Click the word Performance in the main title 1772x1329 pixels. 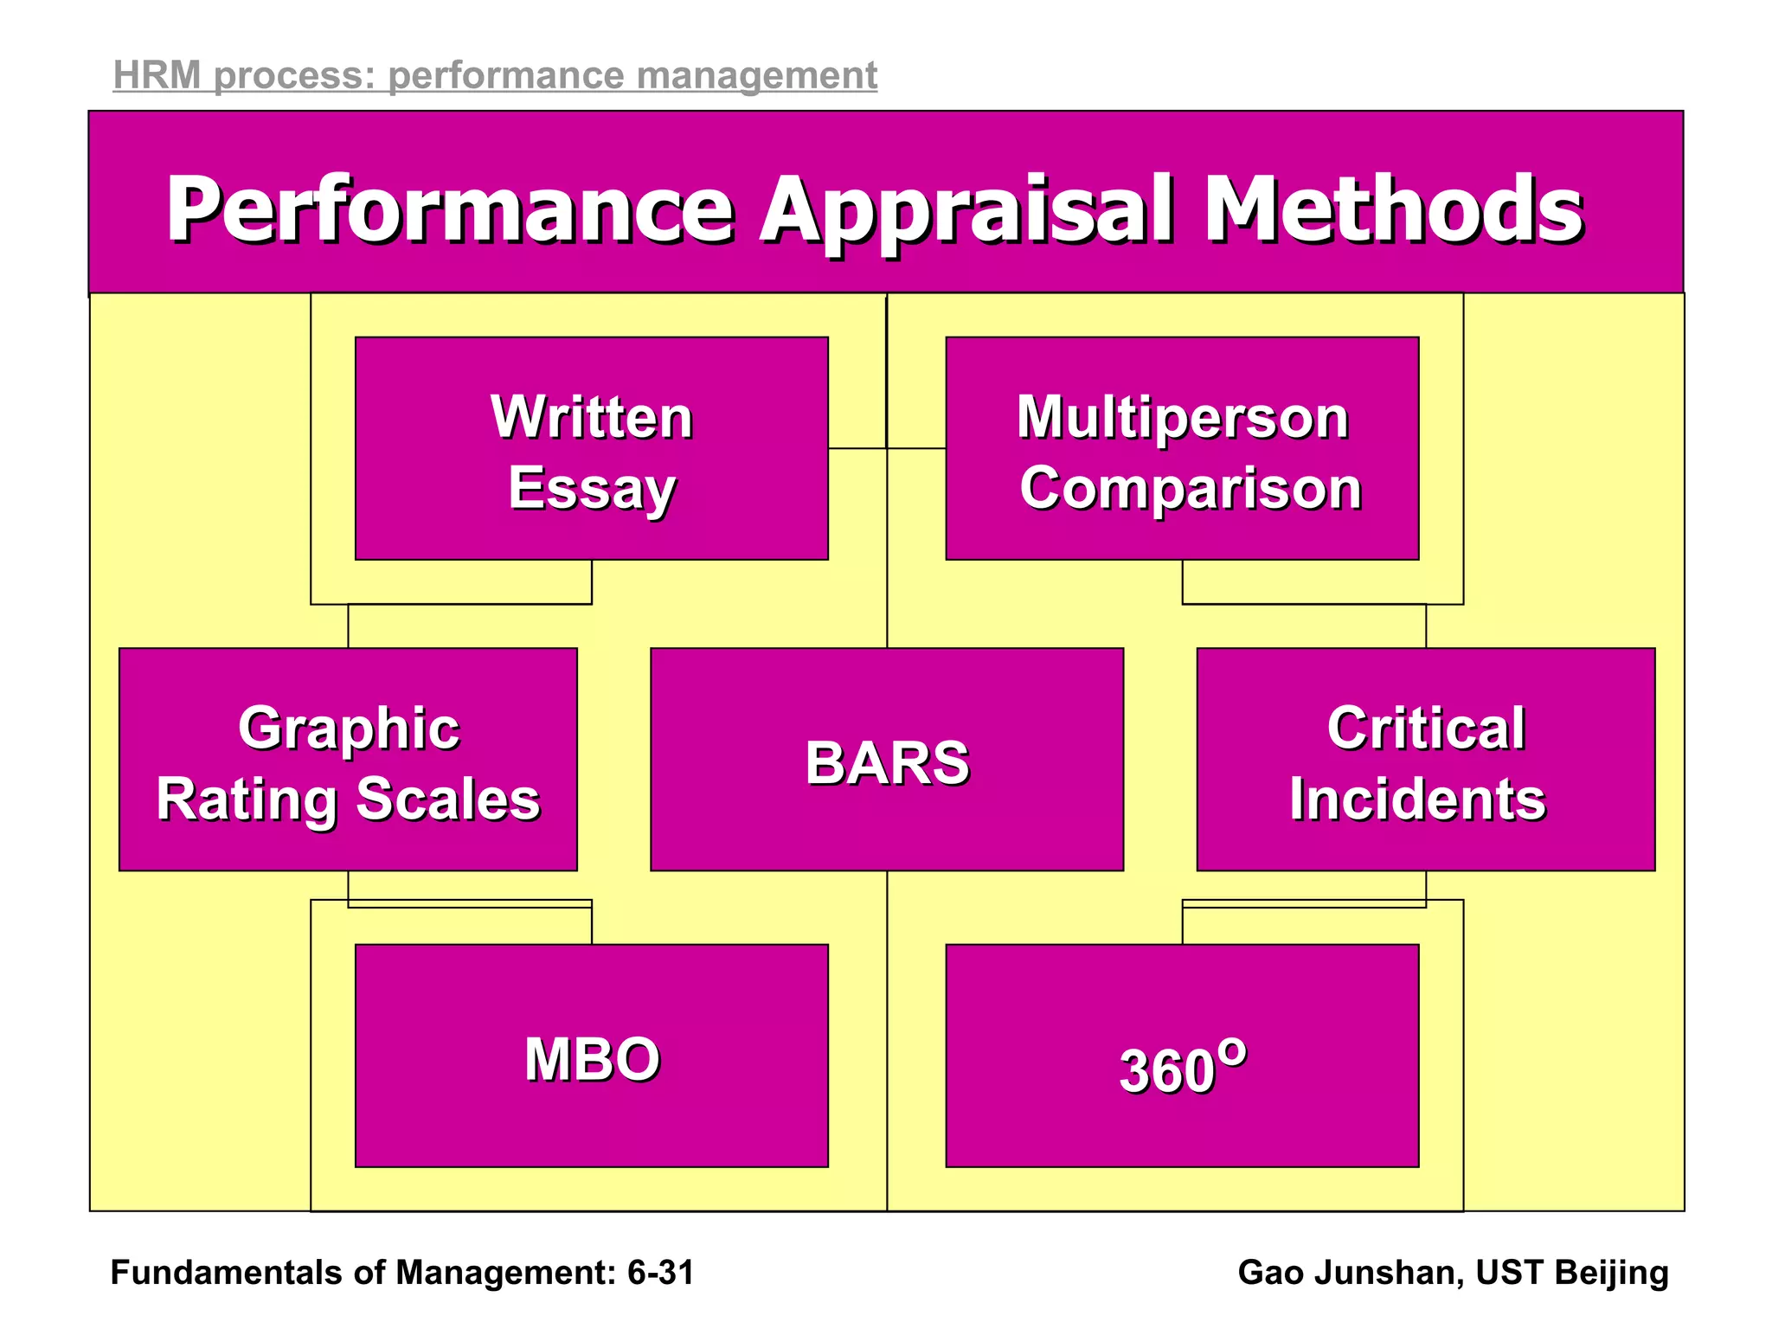coord(450,209)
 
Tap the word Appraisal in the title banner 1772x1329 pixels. coord(967,209)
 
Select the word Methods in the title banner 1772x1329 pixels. coord(1393,209)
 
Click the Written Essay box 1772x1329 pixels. coord(592,448)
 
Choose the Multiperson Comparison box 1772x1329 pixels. coord(1182,448)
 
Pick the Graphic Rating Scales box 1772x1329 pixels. coord(348,760)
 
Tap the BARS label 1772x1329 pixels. coord(887,763)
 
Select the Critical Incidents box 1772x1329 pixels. coord(1426,760)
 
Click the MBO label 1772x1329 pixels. coord(592,1059)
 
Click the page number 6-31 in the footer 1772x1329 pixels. coord(661,1273)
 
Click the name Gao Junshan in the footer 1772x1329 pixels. coord(1350,1273)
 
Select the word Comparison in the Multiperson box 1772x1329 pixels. coord(1191,488)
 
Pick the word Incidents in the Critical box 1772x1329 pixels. coord(1417,799)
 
